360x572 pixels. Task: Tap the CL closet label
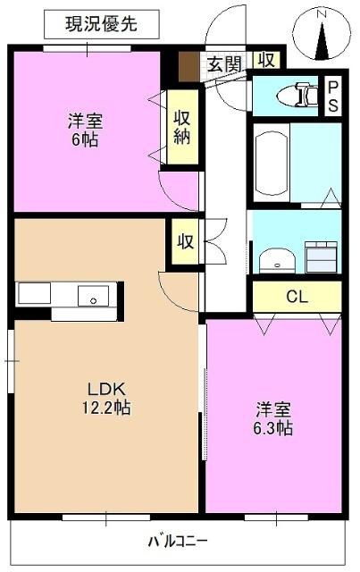click(297, 296)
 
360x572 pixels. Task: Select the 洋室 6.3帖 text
click(273, 418)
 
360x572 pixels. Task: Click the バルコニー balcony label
click(179, 542)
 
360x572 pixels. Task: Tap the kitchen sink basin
click(93, 295)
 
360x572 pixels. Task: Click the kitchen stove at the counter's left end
click(36, 294)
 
